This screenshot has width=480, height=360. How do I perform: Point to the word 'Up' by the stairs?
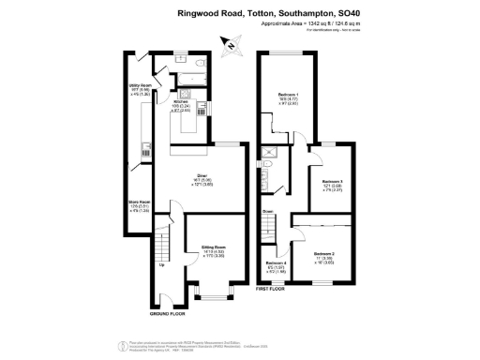click(x=161, y=266)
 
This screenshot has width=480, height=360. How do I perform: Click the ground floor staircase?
click(x=161, y=246)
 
